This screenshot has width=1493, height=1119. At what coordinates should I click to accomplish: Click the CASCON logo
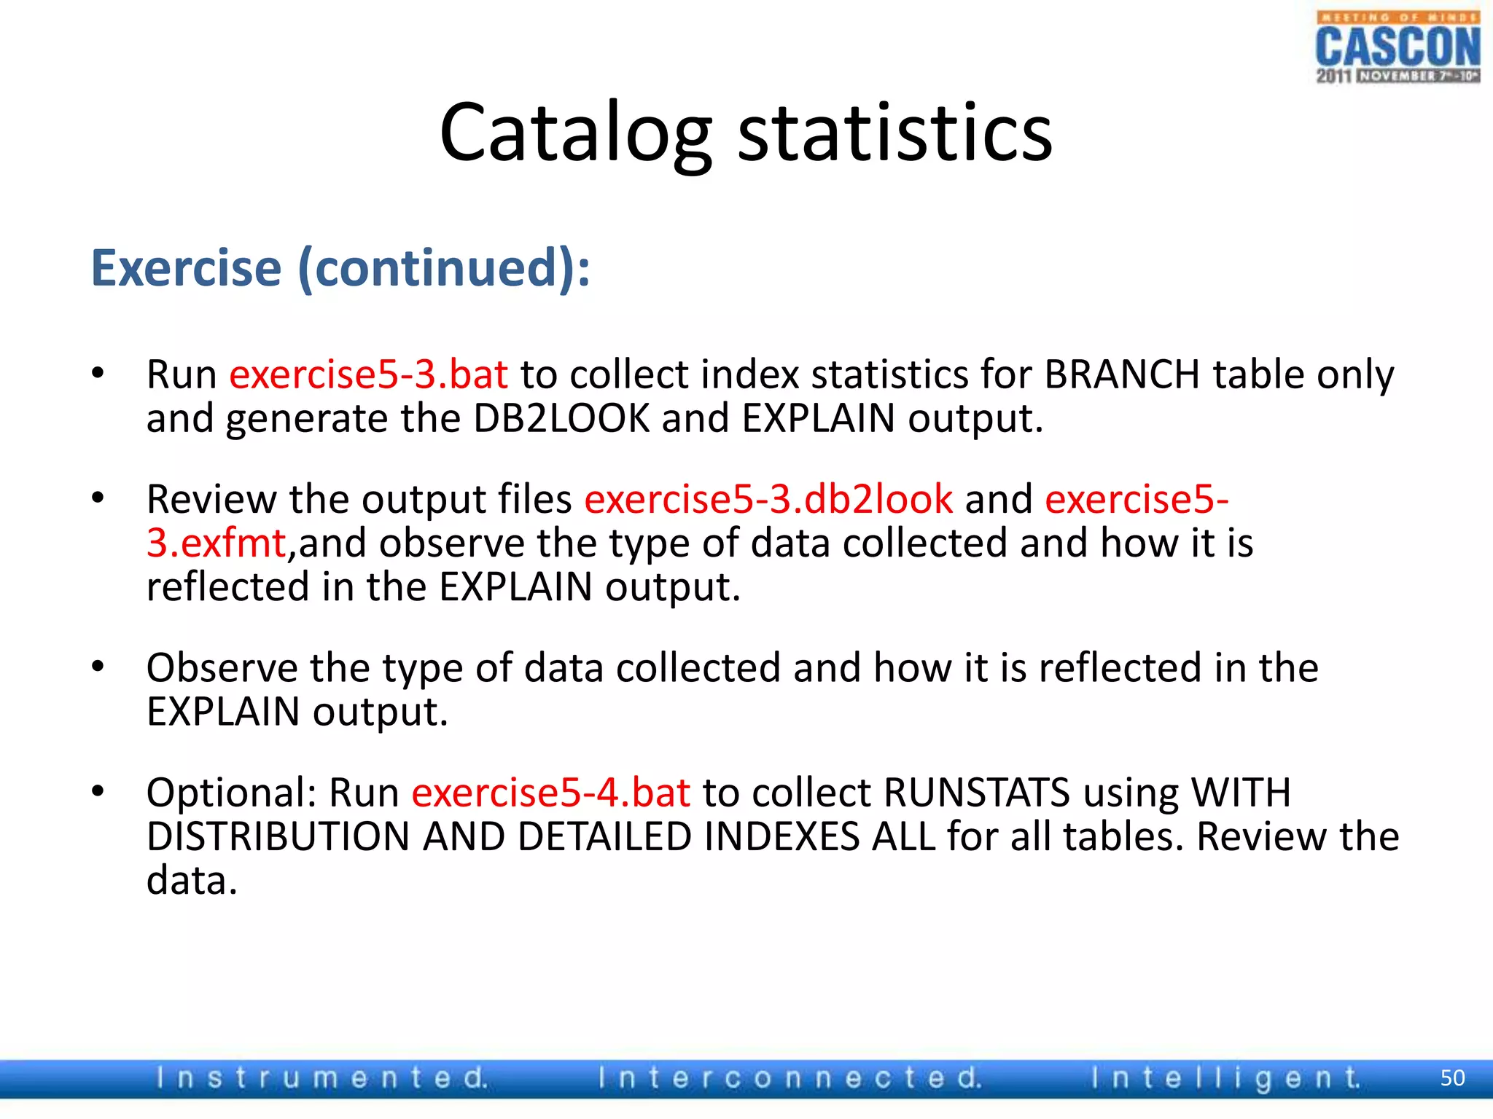1398,47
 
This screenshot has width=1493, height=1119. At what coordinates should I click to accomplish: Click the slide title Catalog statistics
746,133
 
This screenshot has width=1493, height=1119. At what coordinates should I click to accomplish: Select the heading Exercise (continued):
340,268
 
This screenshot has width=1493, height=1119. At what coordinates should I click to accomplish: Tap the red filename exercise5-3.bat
368,374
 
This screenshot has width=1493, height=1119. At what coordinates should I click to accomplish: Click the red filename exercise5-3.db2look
768,500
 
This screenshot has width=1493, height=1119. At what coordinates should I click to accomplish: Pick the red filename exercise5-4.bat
550,793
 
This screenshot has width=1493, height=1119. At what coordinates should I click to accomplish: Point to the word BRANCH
1121,374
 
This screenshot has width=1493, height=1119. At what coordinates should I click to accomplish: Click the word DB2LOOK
561,419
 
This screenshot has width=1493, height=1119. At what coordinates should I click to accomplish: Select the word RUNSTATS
976,793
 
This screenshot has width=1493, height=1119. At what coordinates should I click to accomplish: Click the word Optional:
231,793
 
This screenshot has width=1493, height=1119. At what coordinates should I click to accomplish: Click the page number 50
1452,1077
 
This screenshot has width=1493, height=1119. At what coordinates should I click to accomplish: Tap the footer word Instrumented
321,1077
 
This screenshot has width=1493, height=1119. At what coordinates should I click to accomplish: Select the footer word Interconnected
790,1077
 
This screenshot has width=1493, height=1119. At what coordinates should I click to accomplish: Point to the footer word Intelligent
1225,1077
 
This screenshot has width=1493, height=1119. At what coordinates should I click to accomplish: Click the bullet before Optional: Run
98,790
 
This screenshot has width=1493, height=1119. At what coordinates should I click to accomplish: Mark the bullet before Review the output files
98,498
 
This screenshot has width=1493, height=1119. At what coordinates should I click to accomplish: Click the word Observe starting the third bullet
222,668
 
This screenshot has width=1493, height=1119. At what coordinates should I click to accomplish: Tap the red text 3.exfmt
217,543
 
